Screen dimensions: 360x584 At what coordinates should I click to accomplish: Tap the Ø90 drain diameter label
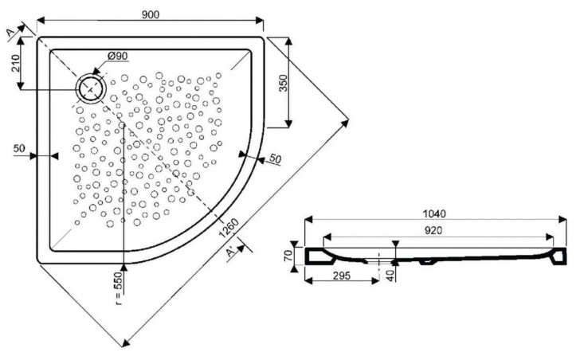pyautogui.click(x=116, y=55)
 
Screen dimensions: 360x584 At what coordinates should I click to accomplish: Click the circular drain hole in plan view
pyautogui.click(x=90, y=87)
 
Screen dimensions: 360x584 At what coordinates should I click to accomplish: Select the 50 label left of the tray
pyautogui.click(x=20, y=147)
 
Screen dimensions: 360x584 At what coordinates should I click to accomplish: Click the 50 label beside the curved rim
pyautogui.click(x=275, y=159)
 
